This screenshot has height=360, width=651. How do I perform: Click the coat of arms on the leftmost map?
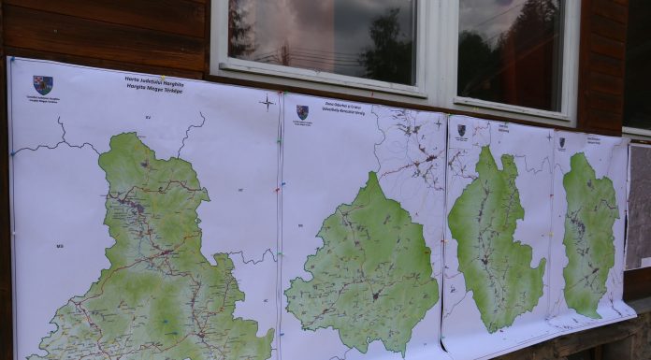[x=42, y=84]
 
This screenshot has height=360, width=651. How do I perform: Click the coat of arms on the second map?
[x=302, y=112]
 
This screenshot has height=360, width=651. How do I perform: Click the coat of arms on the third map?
[x=460, y=131]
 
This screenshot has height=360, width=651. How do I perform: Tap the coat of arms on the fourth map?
[x=561, y=142]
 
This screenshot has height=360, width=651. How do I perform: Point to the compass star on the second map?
[x=437, y=122]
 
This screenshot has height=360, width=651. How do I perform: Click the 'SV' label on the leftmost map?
[x=148, y=117]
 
